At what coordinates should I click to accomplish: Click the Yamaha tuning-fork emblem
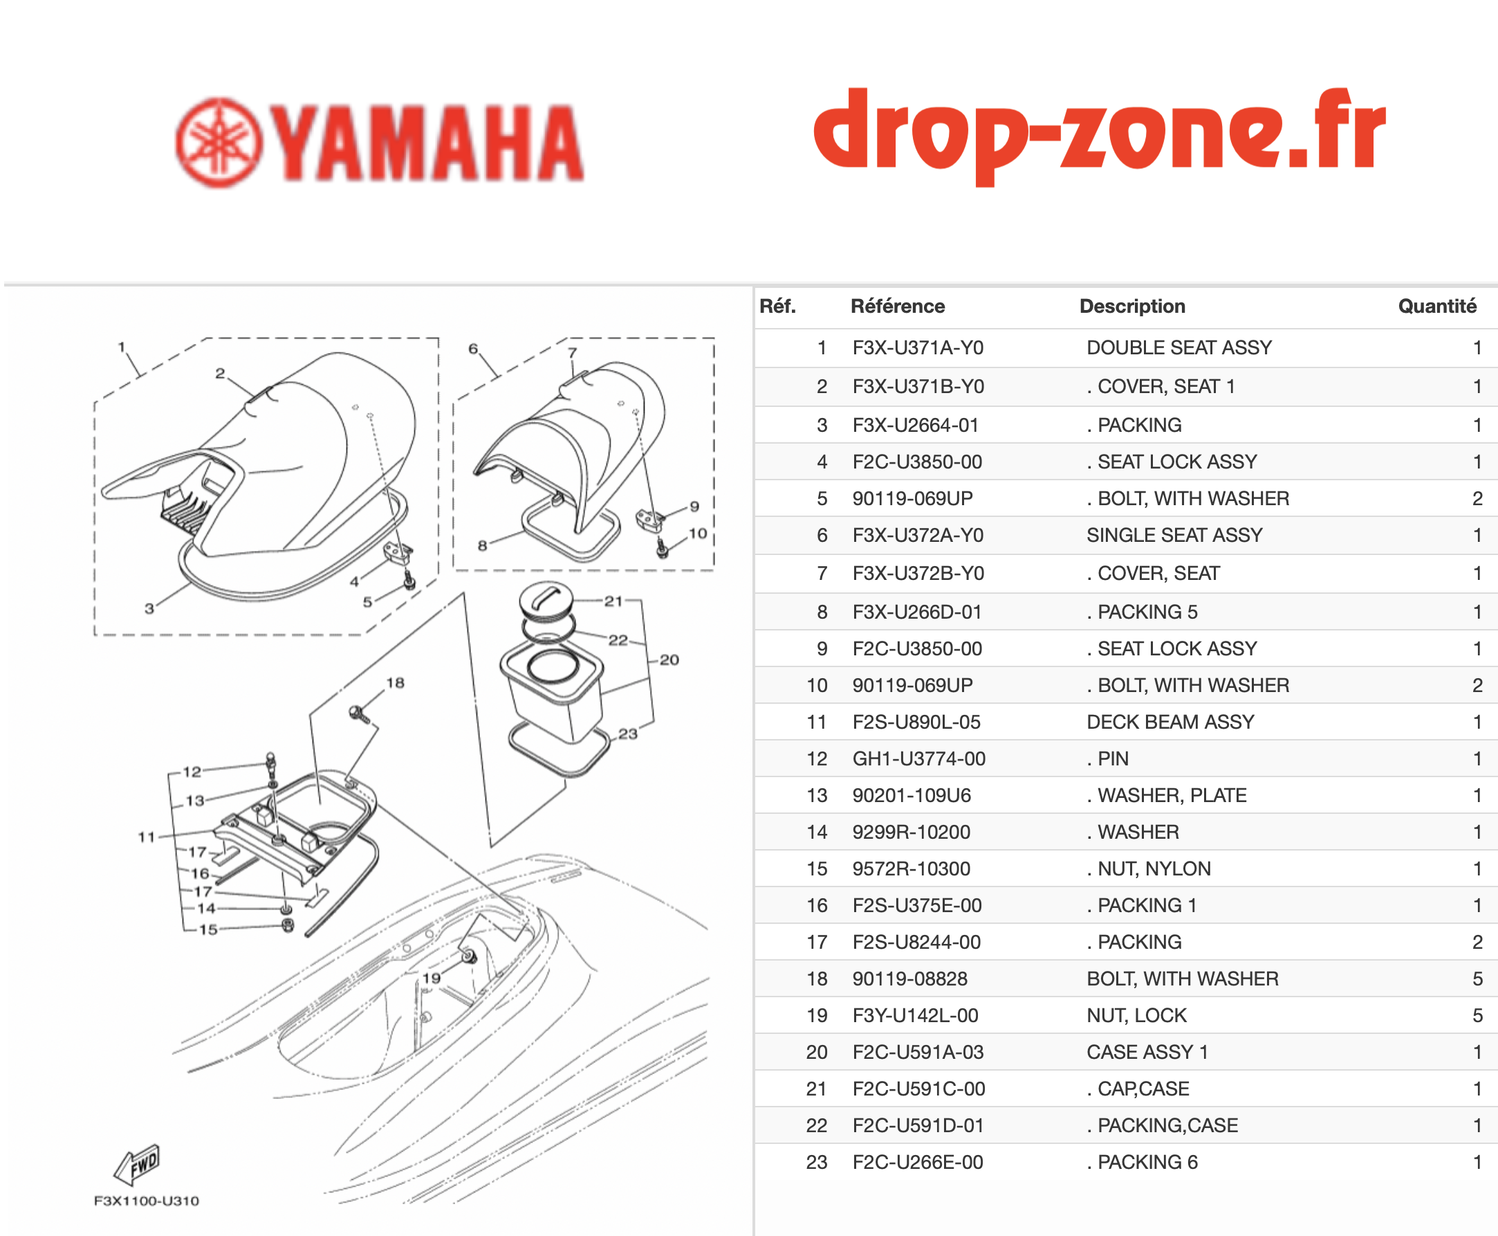[x=219, y=143]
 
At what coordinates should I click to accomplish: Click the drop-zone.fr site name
[x=1100, y=135]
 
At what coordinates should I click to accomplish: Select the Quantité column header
[x=1437, y=306]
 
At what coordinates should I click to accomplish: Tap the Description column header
[x=1132, y=306]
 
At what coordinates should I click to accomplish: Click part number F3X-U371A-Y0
[x=918, y=347]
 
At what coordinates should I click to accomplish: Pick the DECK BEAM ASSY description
[x=1170, y=722]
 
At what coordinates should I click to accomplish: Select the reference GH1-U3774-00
[x=918, y=759]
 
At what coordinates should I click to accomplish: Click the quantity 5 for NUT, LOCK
[x=1477, y=1015]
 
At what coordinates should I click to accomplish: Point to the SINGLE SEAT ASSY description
[x=1174, y=536]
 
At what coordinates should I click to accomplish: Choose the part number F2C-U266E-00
[x=917, y=1162]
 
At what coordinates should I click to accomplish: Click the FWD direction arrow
[x=138, y=1163]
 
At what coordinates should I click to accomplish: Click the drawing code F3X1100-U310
[x=147, y=1201]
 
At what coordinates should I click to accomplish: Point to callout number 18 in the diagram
[x=395, y=683]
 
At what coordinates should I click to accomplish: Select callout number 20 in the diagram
[x=669, y=660]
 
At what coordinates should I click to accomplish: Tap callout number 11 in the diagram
[x=147, y=837]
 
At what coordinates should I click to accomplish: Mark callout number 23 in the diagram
[x=628, y=734]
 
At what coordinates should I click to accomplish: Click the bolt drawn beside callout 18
[x=360, y=714]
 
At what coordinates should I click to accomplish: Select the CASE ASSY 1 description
[x=1147, y=1053]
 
